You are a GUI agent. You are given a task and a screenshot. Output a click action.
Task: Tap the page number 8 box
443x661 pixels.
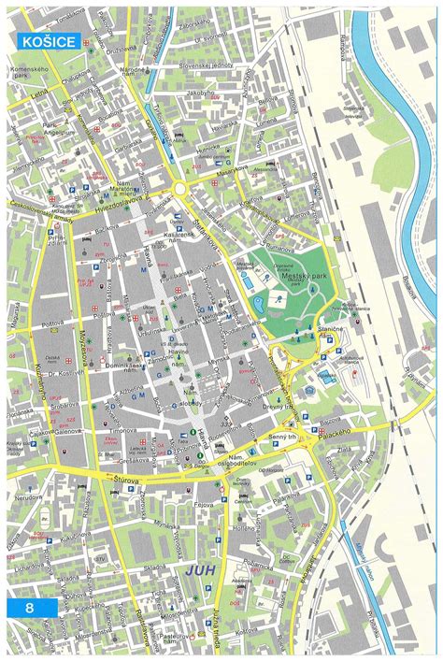[x=31, y=608]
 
